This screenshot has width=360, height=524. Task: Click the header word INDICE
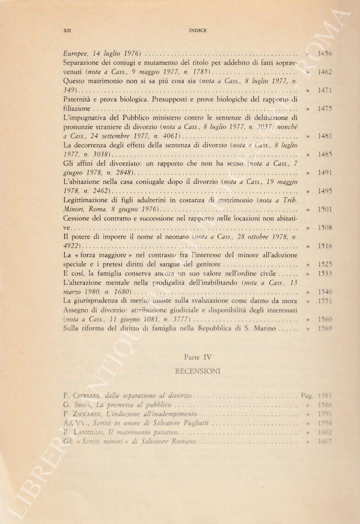pyautogui.click(x=198, y=30)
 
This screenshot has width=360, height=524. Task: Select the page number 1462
pyautogui.click(x=325, y=72)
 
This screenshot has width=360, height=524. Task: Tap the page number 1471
pyautogui.click(x=325, y=90)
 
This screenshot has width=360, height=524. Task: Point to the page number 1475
pyautogui.click(x=325, y=108)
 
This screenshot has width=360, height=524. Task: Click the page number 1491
pyautogui.click(x=325, y=173)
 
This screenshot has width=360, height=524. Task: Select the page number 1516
pyautogui.click(x=325, y=246)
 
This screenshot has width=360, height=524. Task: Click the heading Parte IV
pyautogui.click(x=198, y=357)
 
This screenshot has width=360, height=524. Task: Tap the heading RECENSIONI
pyautogui.click(x=198, y=371)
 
